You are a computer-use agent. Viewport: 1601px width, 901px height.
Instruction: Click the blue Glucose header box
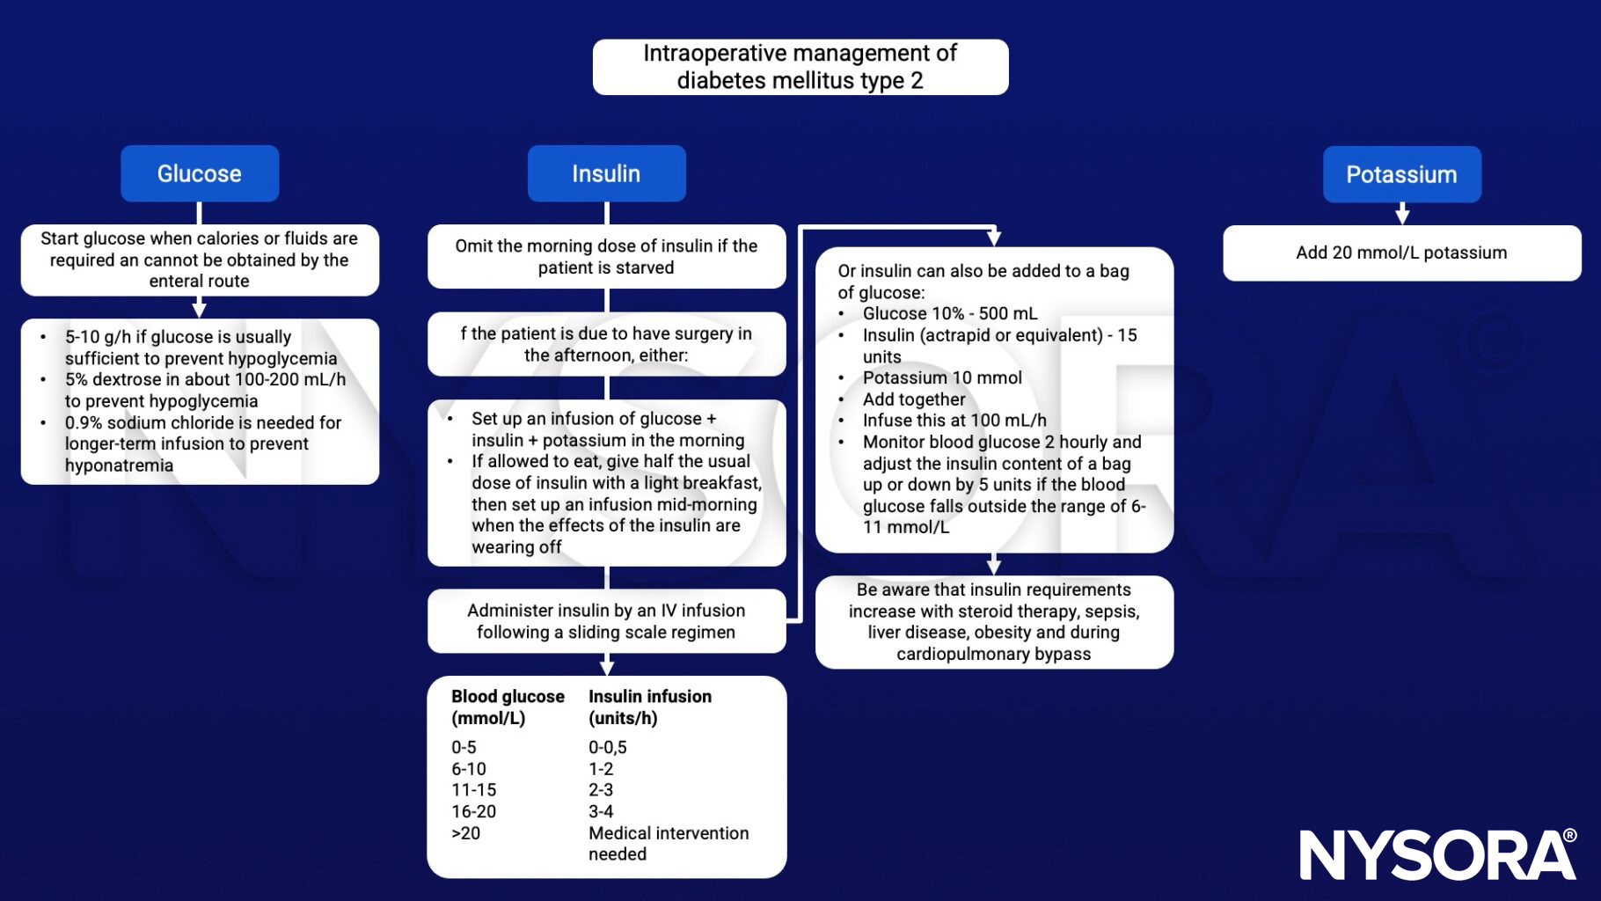point(200,173)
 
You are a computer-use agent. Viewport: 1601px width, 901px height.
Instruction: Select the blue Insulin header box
point(606,173)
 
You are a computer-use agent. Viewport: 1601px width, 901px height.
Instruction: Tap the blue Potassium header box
point(1401,174)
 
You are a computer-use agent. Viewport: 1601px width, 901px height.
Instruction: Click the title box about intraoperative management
point(800,67)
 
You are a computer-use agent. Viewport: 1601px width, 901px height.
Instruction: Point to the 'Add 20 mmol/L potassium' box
point(1401,253)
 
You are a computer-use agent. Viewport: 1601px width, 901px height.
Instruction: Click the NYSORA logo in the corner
point(1437,854)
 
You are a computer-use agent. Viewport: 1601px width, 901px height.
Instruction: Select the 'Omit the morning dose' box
point(606,257)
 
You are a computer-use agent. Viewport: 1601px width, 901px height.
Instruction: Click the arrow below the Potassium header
point(1402,214)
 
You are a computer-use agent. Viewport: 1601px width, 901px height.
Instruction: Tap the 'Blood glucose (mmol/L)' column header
point(508,707)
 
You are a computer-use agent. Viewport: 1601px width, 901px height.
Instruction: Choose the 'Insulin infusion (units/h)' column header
point(650,707)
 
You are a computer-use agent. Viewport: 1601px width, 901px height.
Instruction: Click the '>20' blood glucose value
point(466,832)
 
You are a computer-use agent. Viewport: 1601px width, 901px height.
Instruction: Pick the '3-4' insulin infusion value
point(601,811)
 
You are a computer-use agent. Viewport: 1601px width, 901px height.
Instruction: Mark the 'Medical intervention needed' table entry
point(669,843)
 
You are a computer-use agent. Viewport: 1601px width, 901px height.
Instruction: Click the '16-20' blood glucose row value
point(473,811)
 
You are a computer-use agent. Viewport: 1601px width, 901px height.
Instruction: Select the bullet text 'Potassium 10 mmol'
point(942,377)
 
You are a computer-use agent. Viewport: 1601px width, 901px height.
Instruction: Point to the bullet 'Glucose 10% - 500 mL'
point(950,313)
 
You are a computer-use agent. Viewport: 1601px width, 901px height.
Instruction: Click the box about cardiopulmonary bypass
point(994,621)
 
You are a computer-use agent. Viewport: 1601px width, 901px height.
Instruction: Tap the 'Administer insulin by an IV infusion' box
point(606,621)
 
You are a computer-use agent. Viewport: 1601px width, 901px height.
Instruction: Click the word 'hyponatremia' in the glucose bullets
point(119,465)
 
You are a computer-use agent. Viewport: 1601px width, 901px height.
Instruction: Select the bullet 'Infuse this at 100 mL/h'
point(954,421)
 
